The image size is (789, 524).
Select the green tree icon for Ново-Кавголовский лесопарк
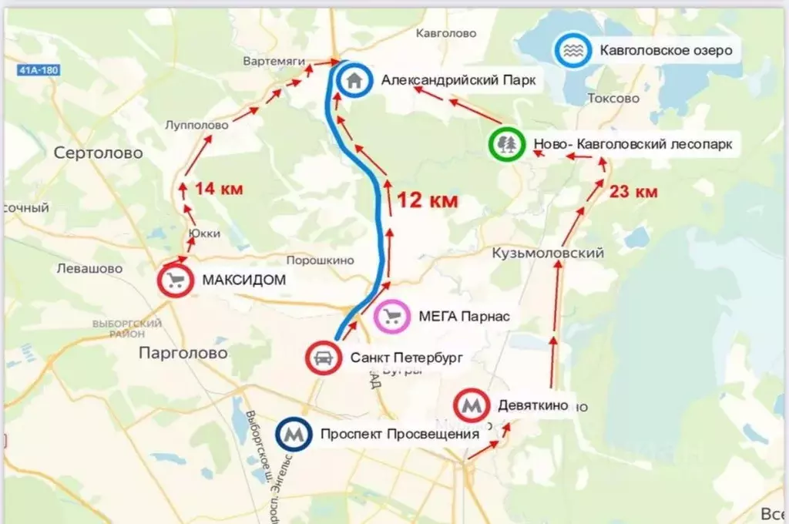(507, 144)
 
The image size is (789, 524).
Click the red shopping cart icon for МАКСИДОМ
(175, 280)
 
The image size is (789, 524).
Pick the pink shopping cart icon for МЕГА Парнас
(391, 316)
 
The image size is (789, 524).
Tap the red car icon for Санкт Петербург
(324, 358)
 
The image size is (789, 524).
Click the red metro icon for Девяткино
(472, 405)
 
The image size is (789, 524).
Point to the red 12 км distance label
(428, 200)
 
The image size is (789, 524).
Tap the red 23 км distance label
(633, 192)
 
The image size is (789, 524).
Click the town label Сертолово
(99, 153)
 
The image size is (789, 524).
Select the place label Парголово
(183, 353)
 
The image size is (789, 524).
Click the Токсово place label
(613, 99)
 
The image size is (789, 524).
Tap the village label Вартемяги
(274, 61)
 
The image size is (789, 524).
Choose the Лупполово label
(196, 125)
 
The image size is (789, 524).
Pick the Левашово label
(90, 269)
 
